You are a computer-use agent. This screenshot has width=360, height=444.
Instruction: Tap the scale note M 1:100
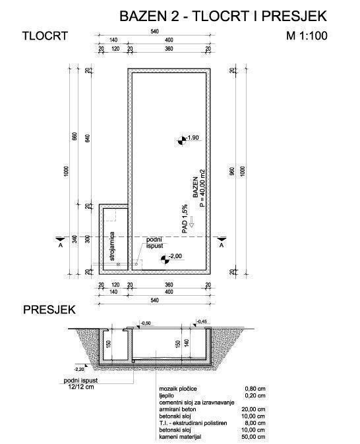coord(306,36)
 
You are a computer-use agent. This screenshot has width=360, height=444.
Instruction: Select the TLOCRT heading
coord(44,36)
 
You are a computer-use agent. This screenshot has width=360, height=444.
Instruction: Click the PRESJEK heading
coord(50,308)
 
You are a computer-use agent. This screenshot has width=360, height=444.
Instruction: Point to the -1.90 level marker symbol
coord(181,139)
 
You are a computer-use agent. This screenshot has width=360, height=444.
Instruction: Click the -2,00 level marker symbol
coord(164,260)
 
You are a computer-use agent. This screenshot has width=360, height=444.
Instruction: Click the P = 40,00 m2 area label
coord(203,189)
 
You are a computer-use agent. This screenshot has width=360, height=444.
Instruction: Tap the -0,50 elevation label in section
coord(146,323)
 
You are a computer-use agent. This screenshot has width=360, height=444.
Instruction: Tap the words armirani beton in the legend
coord(174,410)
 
